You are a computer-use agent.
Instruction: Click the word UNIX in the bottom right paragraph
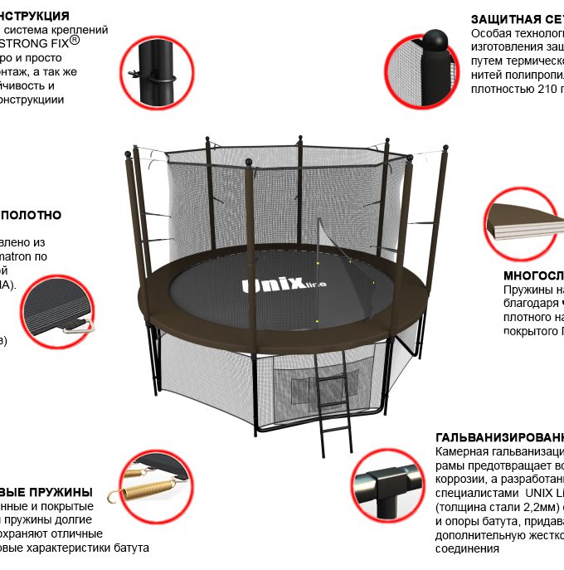535,494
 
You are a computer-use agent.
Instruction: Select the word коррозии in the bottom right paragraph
460,480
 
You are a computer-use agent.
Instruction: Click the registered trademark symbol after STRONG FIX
75,39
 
